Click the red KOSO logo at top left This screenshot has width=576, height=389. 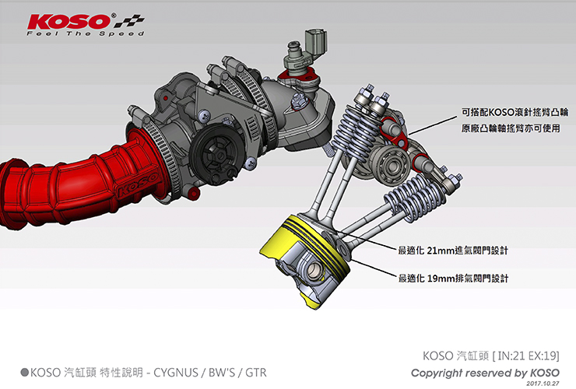point(69,21)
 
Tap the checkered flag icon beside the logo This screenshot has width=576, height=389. point(128,21)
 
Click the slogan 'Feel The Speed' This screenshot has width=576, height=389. point(85,33)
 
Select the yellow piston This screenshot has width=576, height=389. point(306,258)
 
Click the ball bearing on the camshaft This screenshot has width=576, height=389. point(390,162)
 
